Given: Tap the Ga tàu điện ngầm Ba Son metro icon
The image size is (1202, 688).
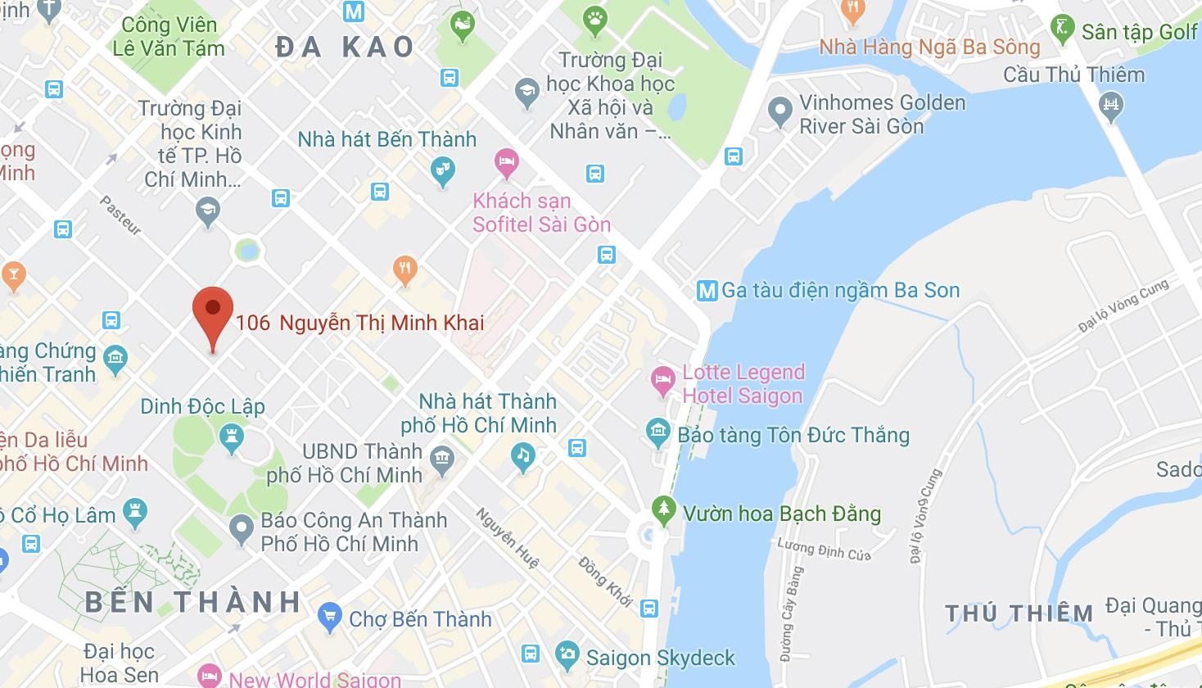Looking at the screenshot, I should pyautogui.click(x=706, y=291).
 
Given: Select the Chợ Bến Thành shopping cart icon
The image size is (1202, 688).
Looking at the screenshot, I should pyautogui.click(x=330, y=618).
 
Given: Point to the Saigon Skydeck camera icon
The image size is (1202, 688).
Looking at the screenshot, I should pyautogui.click(x=567, y=656).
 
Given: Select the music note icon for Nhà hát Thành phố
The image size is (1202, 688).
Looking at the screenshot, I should pyautogui.click(x=523, y=455).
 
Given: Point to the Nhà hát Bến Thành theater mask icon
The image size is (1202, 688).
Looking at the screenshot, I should pyautogui.click(x=443, y=170).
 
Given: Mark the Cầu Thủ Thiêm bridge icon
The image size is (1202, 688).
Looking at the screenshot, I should pyautogui.click(x=1111, y=104).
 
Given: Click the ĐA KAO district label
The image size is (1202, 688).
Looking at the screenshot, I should pyautogui.click(x=345, y=48).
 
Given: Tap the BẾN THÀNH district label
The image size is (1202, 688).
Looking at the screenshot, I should pyautogui.click(x=193, y=602).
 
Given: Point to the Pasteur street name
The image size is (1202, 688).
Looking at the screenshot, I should pyautogui.click(x=121, y=215).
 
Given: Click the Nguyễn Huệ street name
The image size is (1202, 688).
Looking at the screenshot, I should pyautogui.click(x=508, y=538).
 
